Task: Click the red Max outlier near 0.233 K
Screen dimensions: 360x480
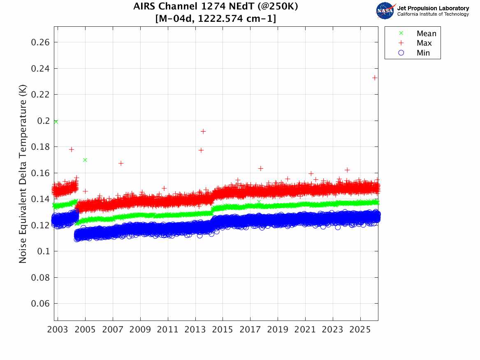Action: (x=375, y=78)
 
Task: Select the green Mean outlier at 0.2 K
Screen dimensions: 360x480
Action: (x=56, y=121)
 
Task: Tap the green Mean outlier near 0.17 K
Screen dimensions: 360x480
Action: (x=85, y=160)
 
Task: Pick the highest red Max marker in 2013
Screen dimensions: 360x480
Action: (x=203, y=131)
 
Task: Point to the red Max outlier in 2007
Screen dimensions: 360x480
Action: (x=121, y=163)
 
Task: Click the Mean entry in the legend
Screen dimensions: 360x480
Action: (x=426, y=34)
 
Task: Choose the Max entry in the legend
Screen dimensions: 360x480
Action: (x=424, y=43)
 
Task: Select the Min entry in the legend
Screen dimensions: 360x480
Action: (x=423, y=53)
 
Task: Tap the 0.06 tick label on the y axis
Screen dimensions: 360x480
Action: (x=40, y=304)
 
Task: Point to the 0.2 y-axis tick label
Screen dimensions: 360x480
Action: (x=43, y=121)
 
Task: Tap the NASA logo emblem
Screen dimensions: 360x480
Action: (x=385, y=11)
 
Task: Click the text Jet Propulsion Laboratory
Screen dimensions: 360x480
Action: (x=433, y=8)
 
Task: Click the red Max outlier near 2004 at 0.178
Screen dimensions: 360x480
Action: (x=72, y=149)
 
